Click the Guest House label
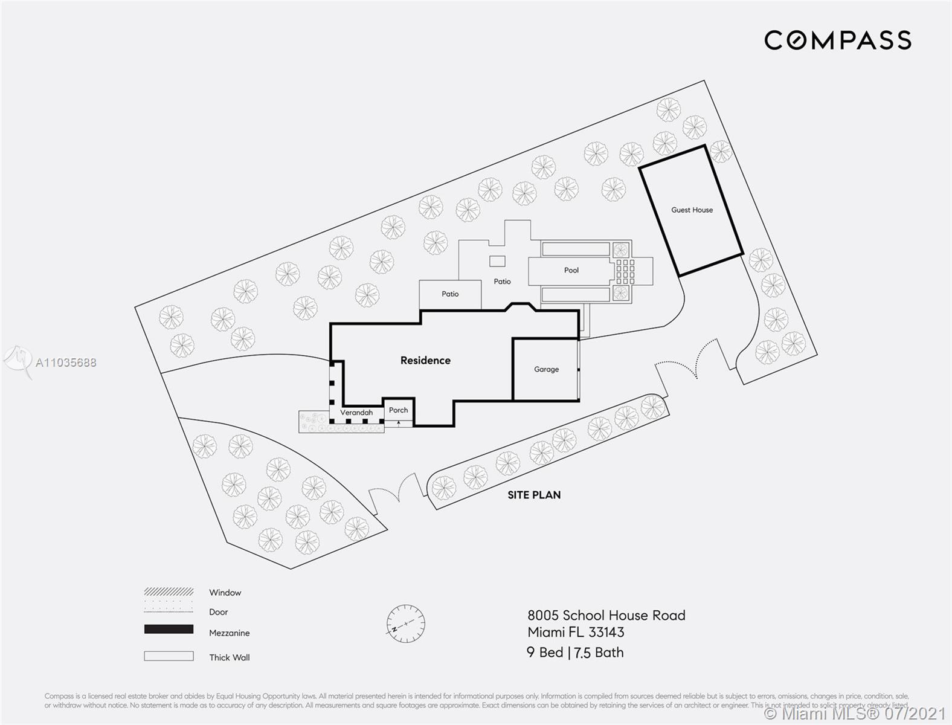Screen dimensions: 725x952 click(692, 210)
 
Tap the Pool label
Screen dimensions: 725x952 click(571, 271)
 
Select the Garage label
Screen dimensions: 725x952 click(546, 369)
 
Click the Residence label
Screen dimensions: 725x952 click(425, 361)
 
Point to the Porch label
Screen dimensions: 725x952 click(398, 410)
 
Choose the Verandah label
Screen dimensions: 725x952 click(356, 413)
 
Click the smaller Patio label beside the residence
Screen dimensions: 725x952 click(450, 294)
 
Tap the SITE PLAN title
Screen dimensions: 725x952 click(534, 495)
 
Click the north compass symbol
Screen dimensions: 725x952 click(406, 623)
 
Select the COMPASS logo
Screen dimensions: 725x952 click(837, 40)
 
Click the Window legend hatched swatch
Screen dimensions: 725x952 click(169, 591)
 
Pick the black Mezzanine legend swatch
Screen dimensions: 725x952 click(169, 630)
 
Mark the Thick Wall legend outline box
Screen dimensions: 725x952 click(169, 656)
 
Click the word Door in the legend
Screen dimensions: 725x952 click(219, 612)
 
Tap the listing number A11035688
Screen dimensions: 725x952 click(66, 362)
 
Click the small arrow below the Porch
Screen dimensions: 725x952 click(398, 423)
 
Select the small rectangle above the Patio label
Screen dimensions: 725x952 click(497, 261)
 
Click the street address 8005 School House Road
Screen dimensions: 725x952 click(606, 616)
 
